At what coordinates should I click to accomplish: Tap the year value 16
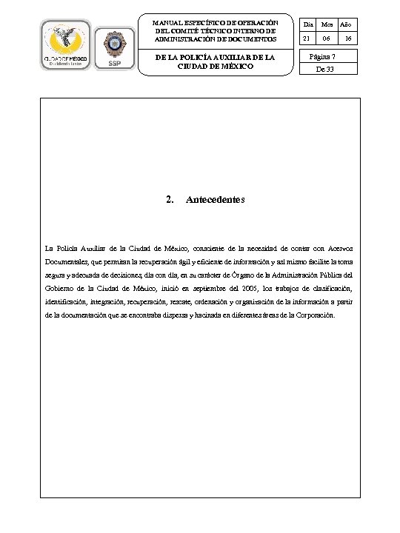tap(347, 38)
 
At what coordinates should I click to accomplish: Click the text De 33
tap(326, 70)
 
